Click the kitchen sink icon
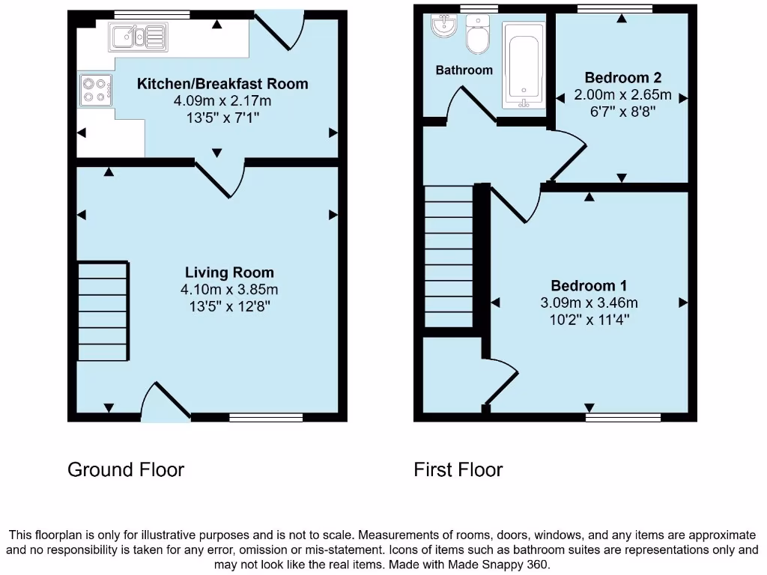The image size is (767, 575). [x=137, y=34]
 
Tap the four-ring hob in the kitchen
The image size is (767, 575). [x=95, y=89]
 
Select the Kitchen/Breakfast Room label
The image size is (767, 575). [x=222, y=84]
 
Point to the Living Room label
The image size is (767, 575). [x=230, y=273]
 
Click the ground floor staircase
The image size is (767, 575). [x=103, y=311]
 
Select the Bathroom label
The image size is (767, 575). [x=464, y=70]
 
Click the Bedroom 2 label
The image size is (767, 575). [x=622, y=78]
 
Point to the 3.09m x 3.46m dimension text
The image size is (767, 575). [x=589, y=303]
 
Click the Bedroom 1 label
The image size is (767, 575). [x=589, y=285]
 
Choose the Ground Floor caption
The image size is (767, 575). [x=126, y=469]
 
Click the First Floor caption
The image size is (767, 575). [x=458, y=469]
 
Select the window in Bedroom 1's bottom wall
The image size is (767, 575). [x=623, y=416]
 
